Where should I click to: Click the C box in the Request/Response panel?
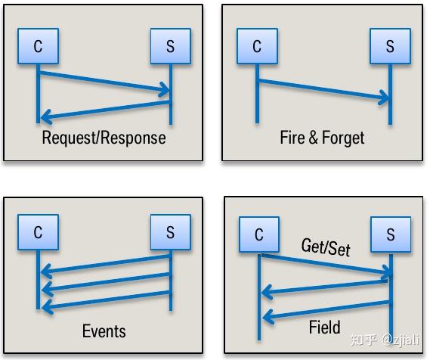coord(38,46)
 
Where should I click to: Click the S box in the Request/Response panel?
coord(171,46)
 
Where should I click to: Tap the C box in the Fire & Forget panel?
coord(257,46)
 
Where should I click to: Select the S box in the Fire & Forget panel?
coord(390,46)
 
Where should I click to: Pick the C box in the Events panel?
coord(38,232)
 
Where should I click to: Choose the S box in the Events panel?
coord(171,232)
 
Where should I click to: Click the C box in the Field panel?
coord(259,234)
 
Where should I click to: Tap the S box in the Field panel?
coord(391,234)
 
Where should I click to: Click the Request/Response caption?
coord(104,138)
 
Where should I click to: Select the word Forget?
coord(343,138)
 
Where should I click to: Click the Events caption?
coord(104,331)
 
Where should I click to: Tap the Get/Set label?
coord(326,247)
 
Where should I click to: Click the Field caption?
coord(325,327)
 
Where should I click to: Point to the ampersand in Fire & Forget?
coord(313,138)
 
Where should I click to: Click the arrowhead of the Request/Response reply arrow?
coord(46,116)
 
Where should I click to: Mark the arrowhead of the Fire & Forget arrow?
coord(384,98)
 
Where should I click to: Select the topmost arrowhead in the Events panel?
coord(46,270)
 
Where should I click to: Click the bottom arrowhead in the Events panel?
coord(47,306)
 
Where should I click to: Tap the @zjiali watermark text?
coord(401,340)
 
